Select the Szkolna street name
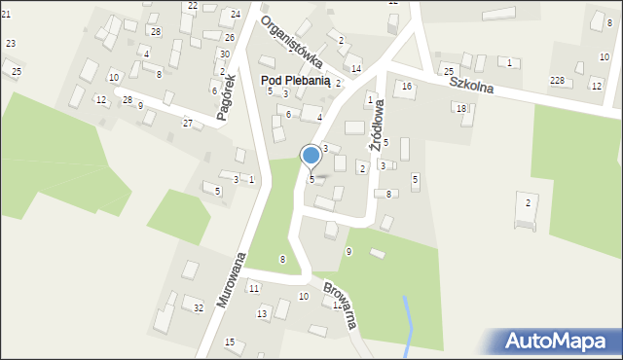tap(471, 86)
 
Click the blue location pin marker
tap(311, 155)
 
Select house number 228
tap(557, 80)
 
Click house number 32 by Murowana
tap(199, 308)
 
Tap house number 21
tap(6, 14)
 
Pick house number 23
tap(11, 44)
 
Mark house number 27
tap(188, 123)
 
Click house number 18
tap(461, 108)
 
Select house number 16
tap(407, 87)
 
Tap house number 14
tap(356, 69)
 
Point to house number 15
tap(230, 342)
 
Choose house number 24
tap(236, 15)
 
